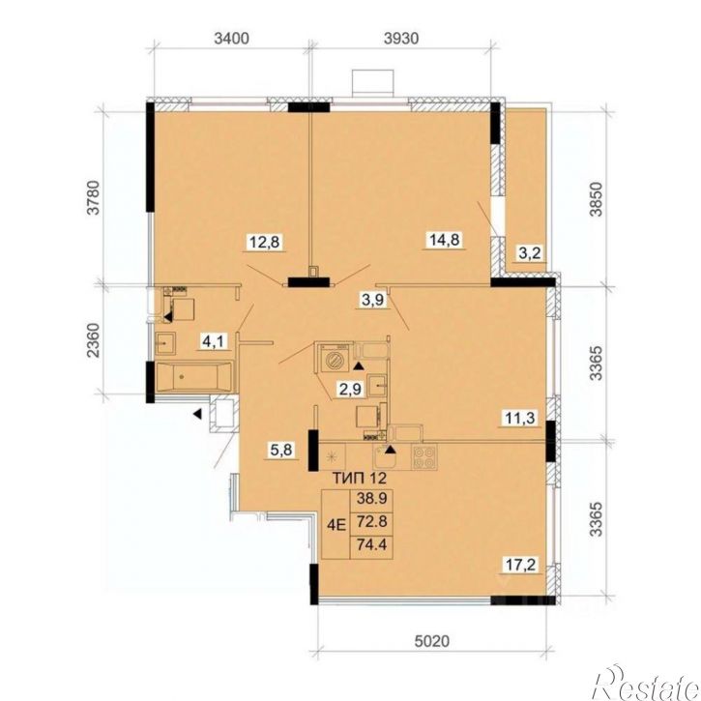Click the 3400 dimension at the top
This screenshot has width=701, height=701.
[x=231, y=39]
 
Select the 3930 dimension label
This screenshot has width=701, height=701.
[x=401, y=39]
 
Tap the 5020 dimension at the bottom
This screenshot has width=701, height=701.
[x=432, y=642]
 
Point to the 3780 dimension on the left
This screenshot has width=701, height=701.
[x=93, y=197]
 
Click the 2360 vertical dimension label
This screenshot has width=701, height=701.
[x=93, y=339]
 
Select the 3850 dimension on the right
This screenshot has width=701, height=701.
[x=596, y=199]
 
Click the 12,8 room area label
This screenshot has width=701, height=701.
[x=264, y=243]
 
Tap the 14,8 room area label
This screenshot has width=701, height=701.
[x=445, y=240]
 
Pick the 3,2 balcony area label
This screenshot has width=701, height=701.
[x=530, y=253]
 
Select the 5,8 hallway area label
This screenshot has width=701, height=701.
[x=281, y=450]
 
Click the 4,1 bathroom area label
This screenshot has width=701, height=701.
[x=214, y=342]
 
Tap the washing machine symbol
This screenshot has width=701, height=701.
[x=334, y=358]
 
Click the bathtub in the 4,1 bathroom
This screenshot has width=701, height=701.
[x=194, y=377]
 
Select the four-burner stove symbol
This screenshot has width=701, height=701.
[x=424, y=457]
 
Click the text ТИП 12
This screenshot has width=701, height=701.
[x=360, y=478]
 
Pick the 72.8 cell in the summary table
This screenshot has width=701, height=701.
[x=371, y=521]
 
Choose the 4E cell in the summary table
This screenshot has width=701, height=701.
[x=336, y=524]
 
